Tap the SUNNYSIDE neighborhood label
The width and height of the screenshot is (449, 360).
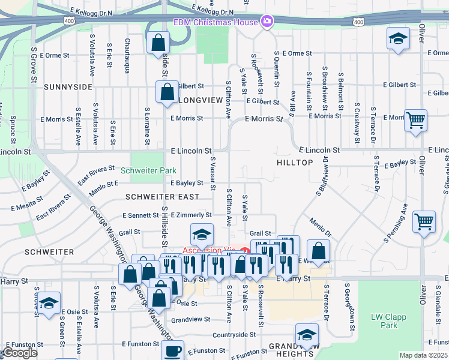[68, 87]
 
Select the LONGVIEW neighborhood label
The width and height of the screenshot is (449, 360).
[200, 100]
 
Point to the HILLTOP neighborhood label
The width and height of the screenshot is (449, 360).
[295, 163]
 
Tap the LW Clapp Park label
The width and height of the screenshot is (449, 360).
[384, 321]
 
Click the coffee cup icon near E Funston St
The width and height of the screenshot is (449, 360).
[173, 350]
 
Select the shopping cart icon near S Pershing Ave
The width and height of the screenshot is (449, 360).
[424, 221]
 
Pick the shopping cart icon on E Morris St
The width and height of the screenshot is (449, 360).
[415, 119]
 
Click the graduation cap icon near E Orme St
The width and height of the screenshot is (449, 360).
[397, 38]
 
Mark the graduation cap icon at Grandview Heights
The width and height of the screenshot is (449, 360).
[307, 334]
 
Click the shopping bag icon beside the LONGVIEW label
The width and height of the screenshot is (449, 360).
[167, 92]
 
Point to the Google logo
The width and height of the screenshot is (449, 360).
[20, 353]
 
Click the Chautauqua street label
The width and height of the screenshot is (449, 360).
[127, 56]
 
